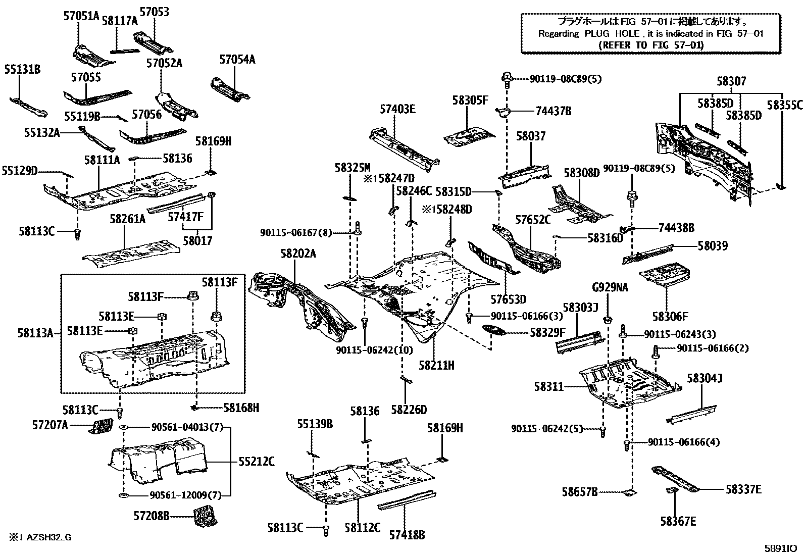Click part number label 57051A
click(81, 16)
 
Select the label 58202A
click(298, 254)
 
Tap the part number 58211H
click(436, 365)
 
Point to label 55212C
click(257, 461)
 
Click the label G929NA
click(610, 288)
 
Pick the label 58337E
click(743, 489)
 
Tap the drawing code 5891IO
click(780, 548)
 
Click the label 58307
click(731, 81)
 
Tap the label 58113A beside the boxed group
click(35, 332)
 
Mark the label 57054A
click(237, 60)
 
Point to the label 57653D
click(508, 300)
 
